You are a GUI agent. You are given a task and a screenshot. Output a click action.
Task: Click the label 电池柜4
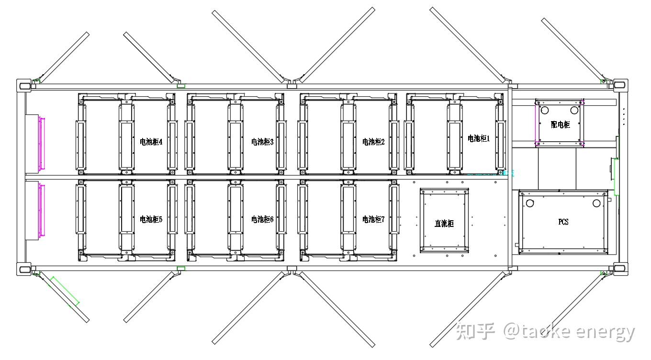151,142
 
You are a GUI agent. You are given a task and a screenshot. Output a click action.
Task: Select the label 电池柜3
262,142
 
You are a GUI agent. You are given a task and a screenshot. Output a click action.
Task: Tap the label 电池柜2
373,142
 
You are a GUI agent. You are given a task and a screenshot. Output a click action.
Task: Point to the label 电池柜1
479,138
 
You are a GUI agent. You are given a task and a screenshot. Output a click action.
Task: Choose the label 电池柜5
151,219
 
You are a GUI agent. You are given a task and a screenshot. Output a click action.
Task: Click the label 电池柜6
262,219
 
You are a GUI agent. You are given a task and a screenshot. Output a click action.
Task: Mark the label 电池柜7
373,219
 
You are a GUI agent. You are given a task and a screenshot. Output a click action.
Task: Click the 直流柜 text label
444,223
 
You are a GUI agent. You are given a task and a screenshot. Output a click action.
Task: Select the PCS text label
563,222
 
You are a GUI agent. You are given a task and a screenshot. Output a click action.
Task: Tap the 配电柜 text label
561,124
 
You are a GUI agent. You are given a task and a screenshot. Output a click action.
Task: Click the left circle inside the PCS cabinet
530,203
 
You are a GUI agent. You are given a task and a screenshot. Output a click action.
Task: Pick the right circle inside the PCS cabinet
596,203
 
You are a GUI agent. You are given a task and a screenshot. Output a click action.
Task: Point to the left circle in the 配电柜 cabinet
545,110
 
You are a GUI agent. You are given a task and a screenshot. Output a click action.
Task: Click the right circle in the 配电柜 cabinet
574,110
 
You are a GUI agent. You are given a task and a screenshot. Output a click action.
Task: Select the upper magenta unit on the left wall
41,143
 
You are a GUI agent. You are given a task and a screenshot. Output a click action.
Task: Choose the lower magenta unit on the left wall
41,210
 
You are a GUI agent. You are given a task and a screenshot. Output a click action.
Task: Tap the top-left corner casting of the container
24,85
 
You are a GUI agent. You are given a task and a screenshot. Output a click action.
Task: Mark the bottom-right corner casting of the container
620,270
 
